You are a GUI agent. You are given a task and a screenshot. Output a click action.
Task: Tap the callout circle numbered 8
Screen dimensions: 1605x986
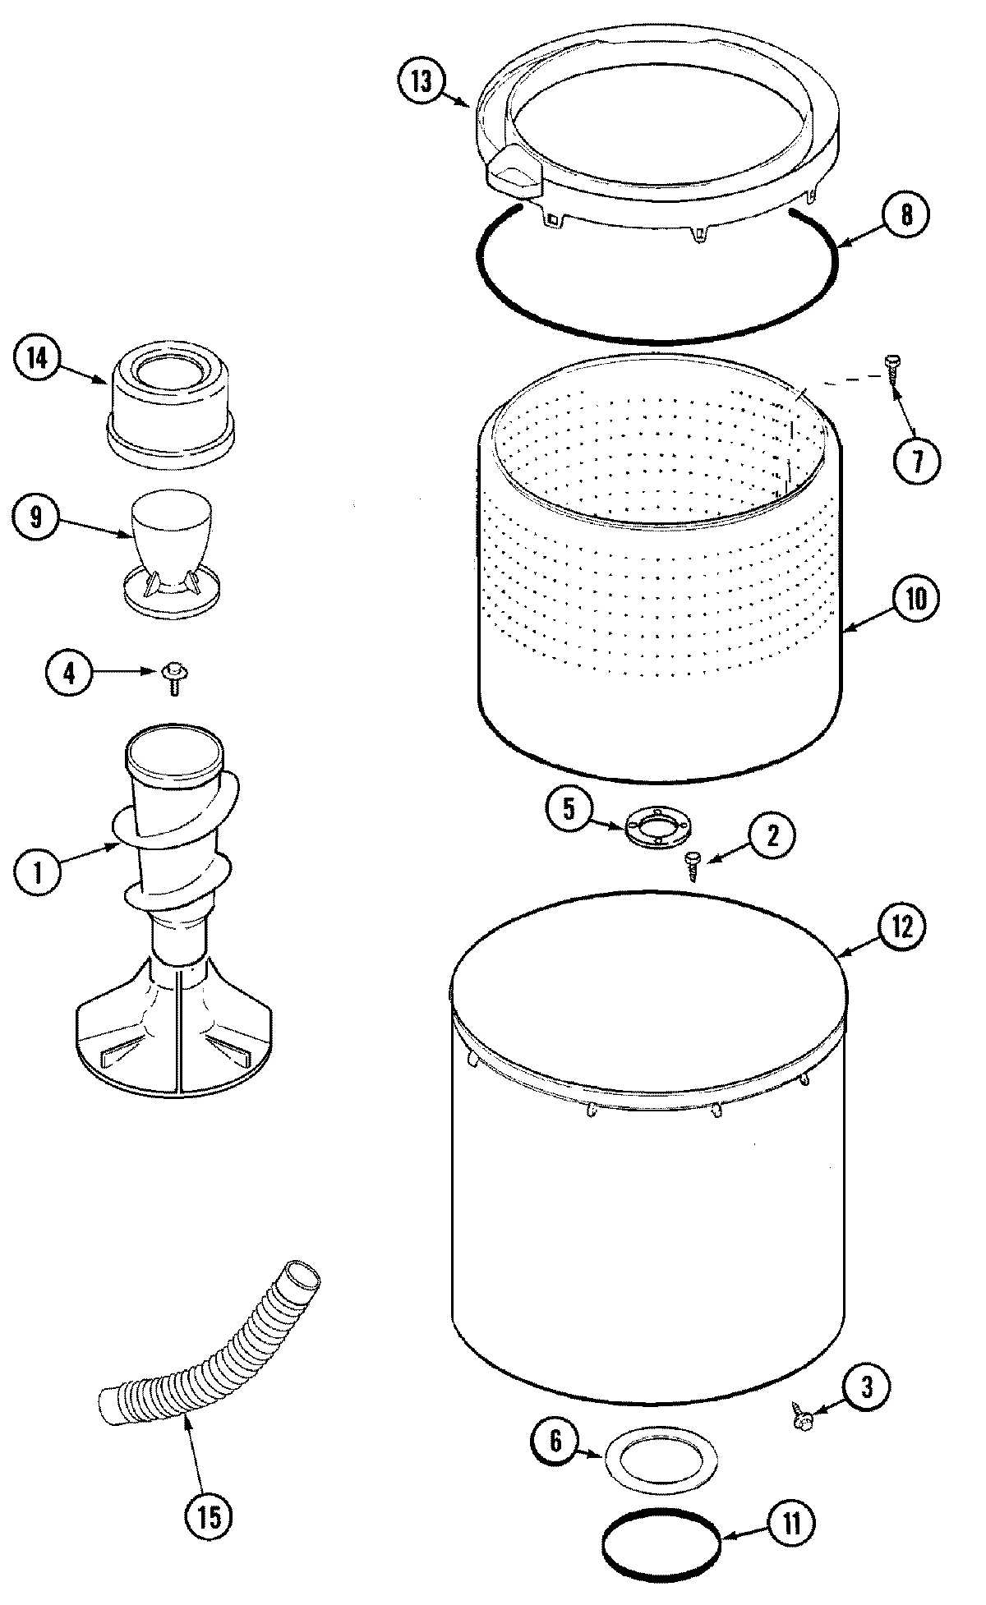(x=905, y=215)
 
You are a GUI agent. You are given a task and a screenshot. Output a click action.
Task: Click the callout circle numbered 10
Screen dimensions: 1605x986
(x=915, y=599)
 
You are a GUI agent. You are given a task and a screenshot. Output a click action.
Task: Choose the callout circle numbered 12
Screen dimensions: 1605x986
(x=902, y=927)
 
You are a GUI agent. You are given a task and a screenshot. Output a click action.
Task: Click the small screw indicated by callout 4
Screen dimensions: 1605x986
(x=173, y=675)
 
